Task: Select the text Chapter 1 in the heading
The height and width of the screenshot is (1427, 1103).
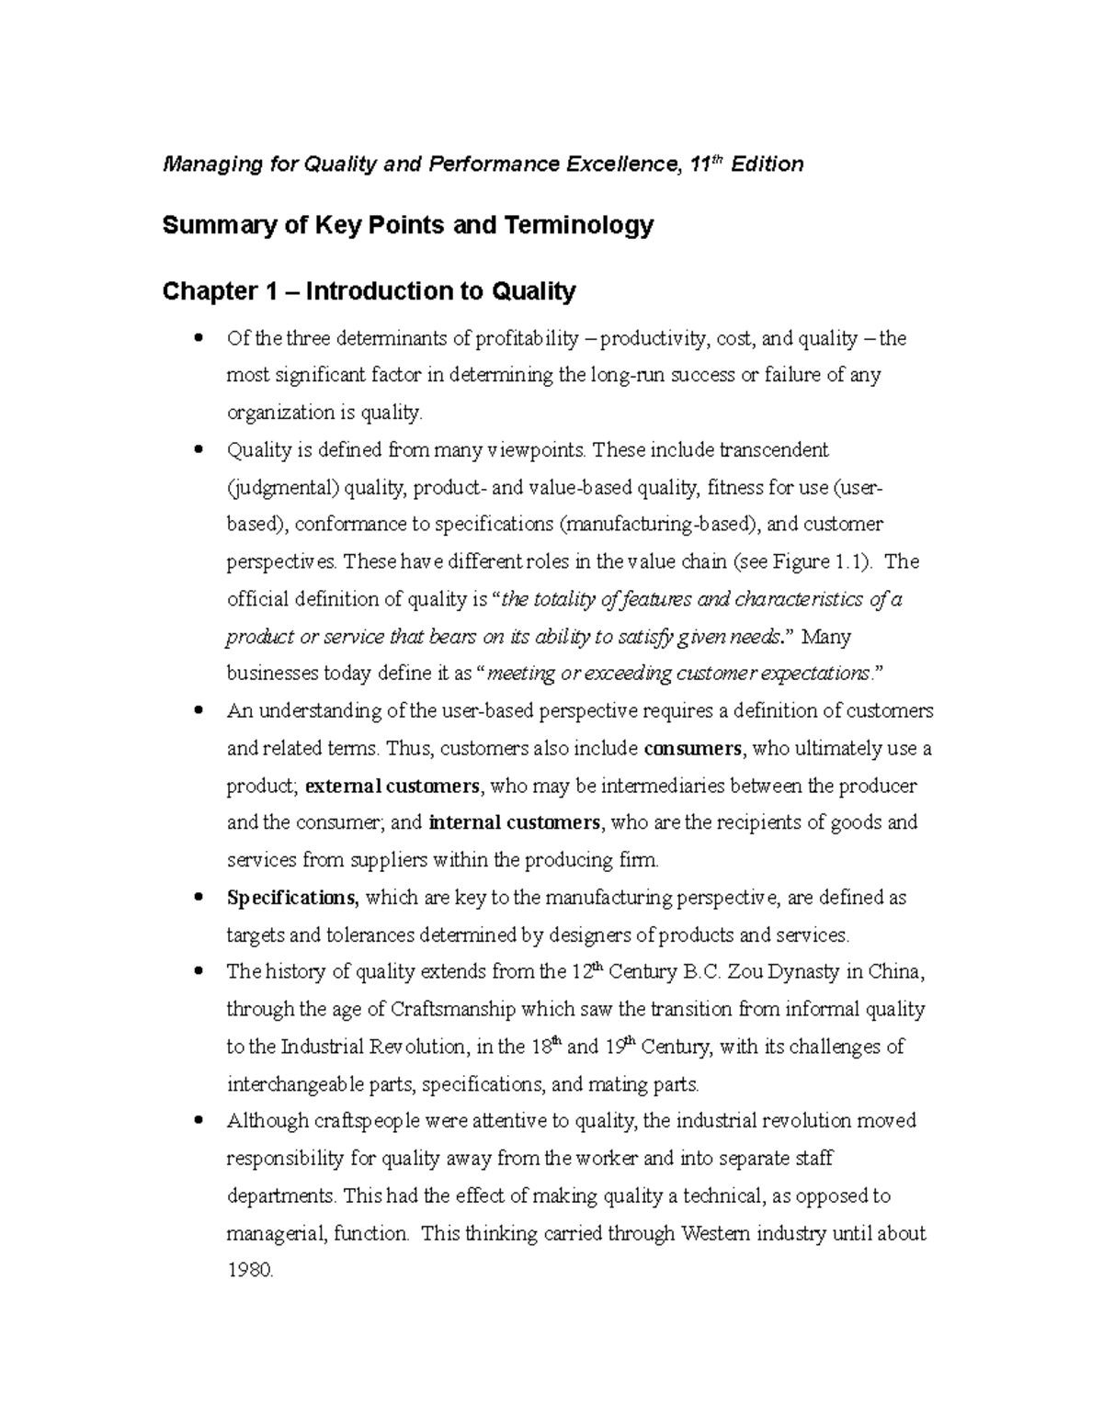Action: [219, 292]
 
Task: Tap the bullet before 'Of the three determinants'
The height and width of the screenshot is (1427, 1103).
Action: [199, 338]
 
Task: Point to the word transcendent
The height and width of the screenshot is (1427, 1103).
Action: [774, 450]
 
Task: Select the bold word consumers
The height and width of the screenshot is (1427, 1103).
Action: [693, 748]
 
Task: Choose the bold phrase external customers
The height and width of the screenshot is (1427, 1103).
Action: [392, 786]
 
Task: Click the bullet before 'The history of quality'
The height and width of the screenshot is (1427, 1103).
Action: [199, 971]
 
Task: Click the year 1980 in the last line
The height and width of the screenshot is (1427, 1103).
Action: [250, 1271]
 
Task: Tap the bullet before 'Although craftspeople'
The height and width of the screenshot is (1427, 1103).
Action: [199, 1121]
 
